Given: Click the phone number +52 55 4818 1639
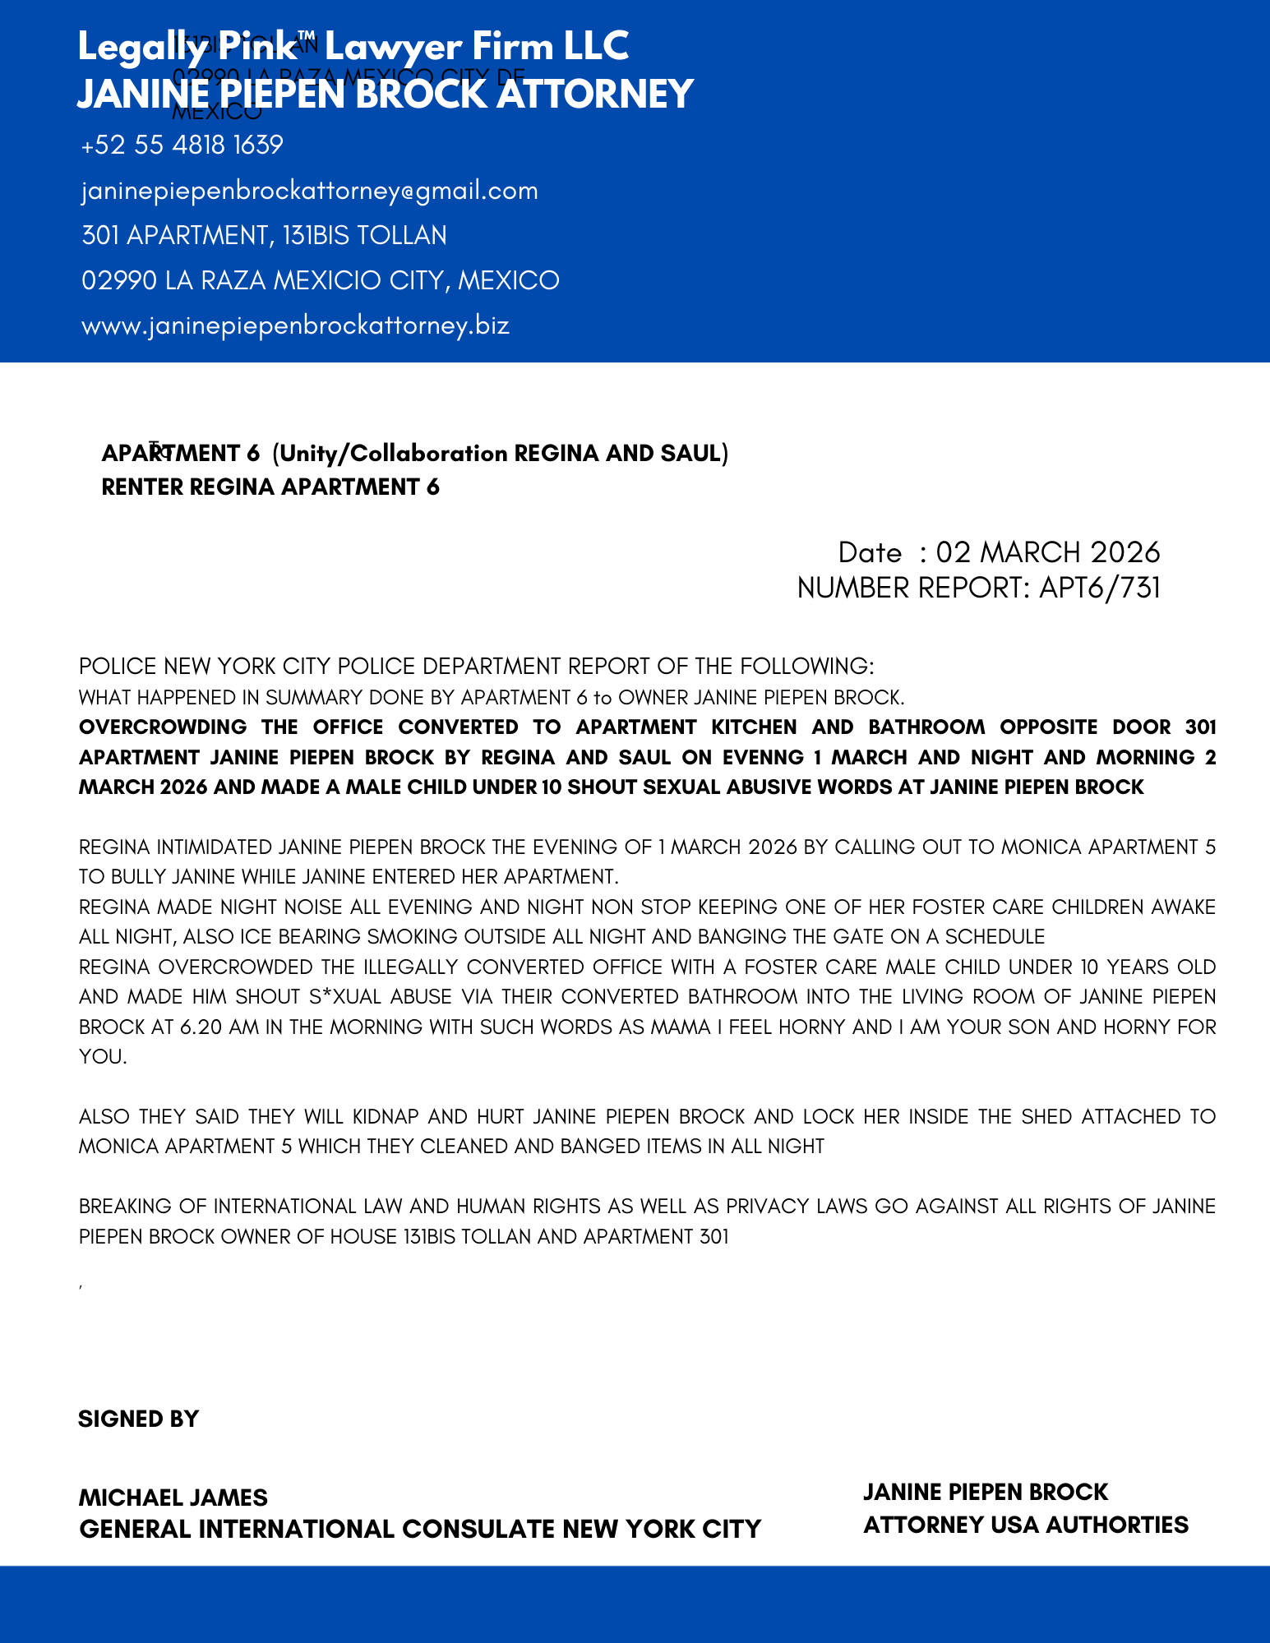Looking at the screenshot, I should pyautogui.click(x=182, y=145).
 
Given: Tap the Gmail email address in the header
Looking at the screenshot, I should pyautogui.click(x=309, y=191).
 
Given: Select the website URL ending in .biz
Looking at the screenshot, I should pyautogui.click(x=295, y=325).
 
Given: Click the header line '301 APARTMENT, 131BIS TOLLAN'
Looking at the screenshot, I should pyautogui.click(x=264, y=236).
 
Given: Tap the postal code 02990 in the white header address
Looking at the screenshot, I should pyautogui.click(x=118, y=281).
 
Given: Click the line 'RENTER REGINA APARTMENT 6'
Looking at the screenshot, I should pyautogui.click(x=270, y=487).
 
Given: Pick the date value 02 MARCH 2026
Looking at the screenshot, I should pyautogui.click(x=1047, y=552).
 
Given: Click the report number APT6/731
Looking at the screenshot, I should pyautogui.click(x=1099, y=588).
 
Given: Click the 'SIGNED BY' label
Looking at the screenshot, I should pyautogui.click(x=138, y=1419).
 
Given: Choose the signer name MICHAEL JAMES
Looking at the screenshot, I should pyautogui.click(x=173, y=1498).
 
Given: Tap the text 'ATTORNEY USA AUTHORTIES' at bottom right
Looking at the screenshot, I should pyautogui.click(x=1025, y=1525).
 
